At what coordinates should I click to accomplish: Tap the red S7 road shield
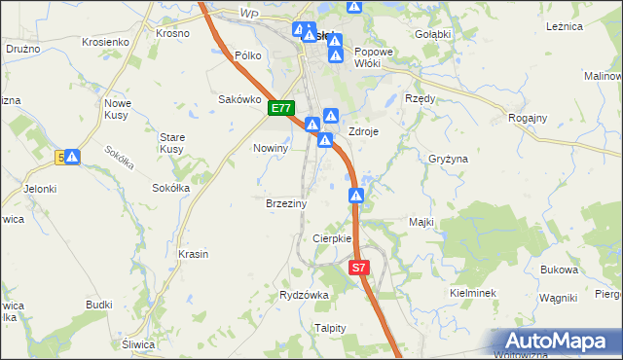[x=359, y=267]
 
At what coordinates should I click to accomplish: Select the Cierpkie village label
[x=331, y=238]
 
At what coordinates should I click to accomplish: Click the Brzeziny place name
[x=286, y=204]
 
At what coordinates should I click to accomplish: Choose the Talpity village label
[x=330, y=328]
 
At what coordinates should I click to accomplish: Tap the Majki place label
[x=421, y=222]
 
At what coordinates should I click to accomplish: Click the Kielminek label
[x=474, y=292]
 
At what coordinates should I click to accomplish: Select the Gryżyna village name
[x=449, y=158]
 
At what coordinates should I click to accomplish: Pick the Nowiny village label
[x=272, y=148]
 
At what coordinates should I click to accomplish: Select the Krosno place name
[x=172, y=32]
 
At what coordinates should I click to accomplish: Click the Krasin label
[x=194, y=254]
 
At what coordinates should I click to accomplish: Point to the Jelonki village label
[x=41, y=189]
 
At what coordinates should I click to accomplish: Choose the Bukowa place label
[x=560, y=270]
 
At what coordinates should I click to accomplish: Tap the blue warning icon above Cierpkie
[x=357, y=197]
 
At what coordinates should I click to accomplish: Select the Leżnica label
[x=566, y=27]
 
